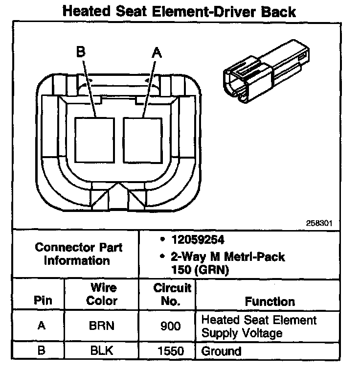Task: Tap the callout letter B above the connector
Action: [81, 52]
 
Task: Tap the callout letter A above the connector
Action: [157, 52]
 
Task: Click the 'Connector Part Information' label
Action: [78, 254]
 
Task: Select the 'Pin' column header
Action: [42, 301]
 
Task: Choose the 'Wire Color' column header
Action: [102, 294]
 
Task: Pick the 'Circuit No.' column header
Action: [171, 294]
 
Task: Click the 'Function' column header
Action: [270, 302]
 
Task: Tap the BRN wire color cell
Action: [102, 326]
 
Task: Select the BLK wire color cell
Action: [102, 351]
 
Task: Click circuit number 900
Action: [170, 326]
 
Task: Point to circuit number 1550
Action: [170, 351]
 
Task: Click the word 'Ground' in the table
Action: [222, 351]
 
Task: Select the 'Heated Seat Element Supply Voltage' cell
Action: [259, 326]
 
